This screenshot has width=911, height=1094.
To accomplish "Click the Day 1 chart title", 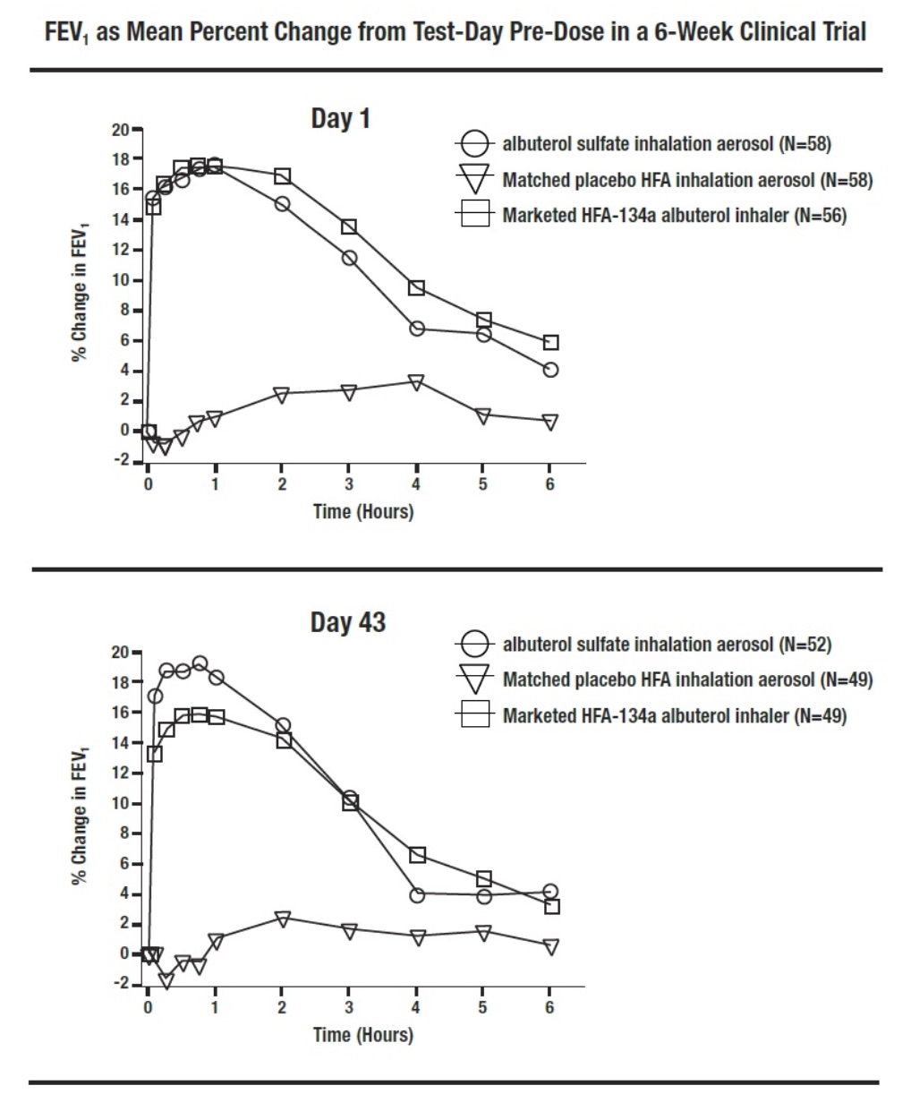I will coord(340,119).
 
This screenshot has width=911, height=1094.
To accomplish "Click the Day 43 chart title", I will coord(347,622).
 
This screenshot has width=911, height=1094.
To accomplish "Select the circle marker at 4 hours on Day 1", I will coord(416,329).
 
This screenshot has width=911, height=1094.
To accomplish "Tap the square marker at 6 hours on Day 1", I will coord(550,343).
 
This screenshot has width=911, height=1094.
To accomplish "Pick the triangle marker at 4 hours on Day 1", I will coord(416,382).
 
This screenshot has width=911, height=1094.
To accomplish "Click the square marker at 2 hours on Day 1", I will coord(282,176).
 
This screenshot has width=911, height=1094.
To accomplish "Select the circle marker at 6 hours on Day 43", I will coord(550,892).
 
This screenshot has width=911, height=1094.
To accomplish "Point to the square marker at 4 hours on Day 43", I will coord(417,855).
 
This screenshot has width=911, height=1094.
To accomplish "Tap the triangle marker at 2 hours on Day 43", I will coord(283,919).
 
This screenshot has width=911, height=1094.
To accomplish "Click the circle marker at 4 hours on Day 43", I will coord(417,894).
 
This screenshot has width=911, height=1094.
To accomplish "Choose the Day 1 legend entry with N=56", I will coord(674,216).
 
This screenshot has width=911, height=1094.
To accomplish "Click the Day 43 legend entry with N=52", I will coord(667,645).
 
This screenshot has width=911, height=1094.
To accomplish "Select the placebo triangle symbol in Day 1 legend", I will coord(474,180).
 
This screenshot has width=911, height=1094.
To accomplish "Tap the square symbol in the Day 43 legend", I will coord(474,714).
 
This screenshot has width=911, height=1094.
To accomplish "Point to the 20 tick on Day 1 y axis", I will coord(120,130).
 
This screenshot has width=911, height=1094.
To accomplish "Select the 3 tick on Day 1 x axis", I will coord(349,484).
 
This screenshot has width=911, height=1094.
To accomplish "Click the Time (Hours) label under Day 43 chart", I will coord(363,1035).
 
